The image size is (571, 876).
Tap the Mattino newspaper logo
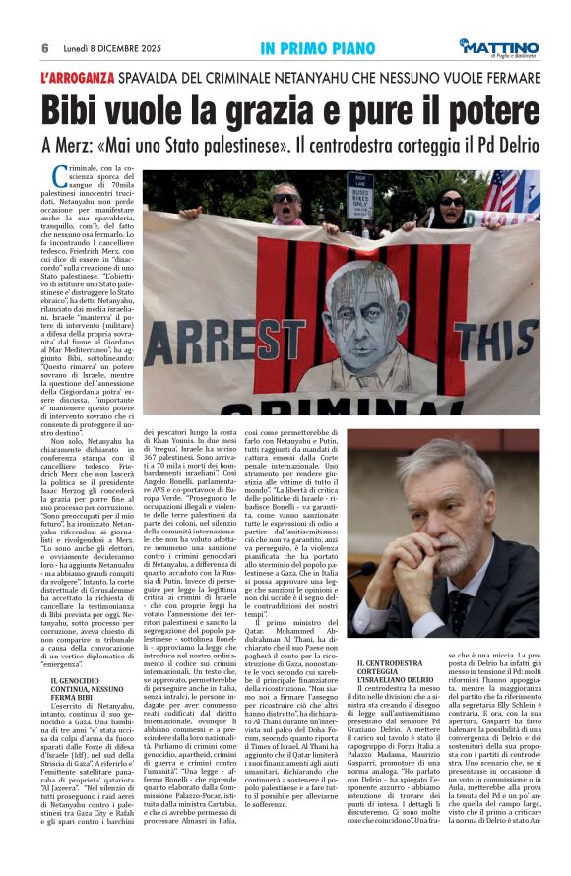pos(501,46)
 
